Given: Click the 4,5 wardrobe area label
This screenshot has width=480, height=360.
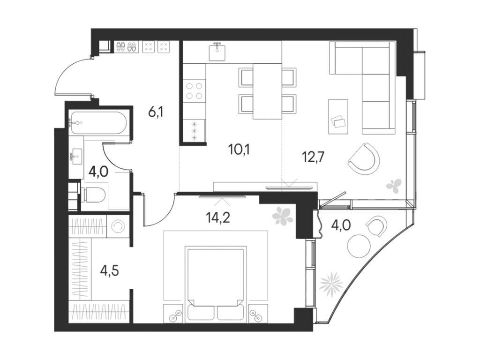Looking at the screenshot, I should coord(109,271).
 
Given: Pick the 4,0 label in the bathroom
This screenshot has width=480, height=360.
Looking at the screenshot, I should coord(98,171).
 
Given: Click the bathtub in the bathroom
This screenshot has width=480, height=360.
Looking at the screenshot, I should coord(98,123).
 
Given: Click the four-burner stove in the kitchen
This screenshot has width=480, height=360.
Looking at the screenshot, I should coord(195,90).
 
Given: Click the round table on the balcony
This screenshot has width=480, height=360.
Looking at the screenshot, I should coord(359,246).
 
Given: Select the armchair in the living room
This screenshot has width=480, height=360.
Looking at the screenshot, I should coord(365,159).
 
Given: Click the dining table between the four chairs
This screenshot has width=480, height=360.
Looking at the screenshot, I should coord(267,90).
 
